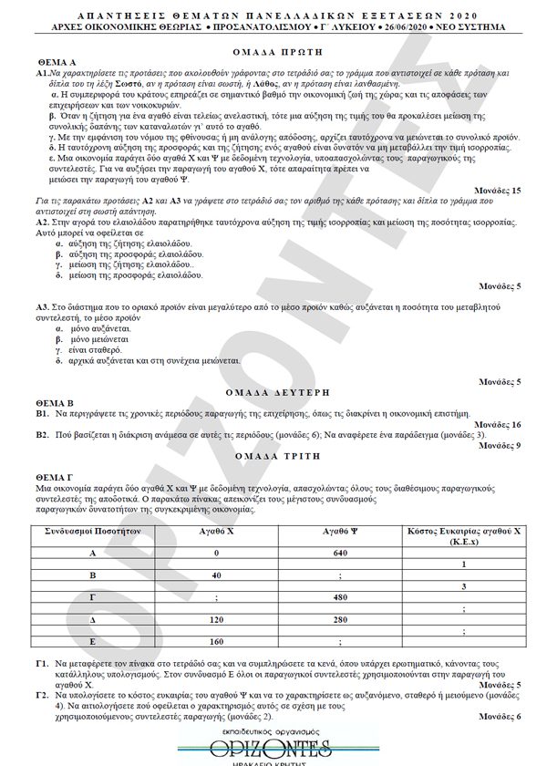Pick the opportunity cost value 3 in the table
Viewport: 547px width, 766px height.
(x=464, y=586)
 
